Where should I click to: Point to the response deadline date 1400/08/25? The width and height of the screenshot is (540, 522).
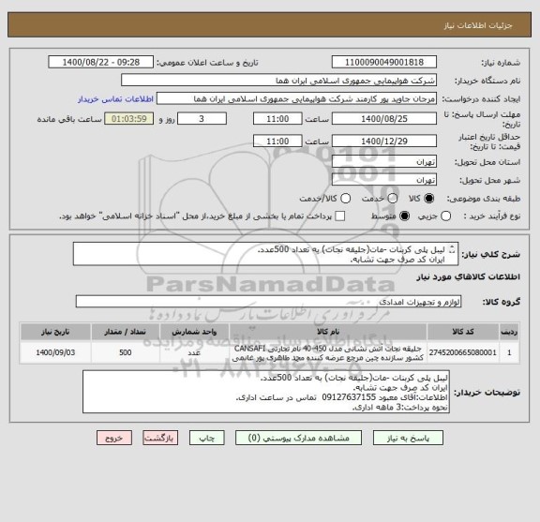pyautogui.click(x=397, y=120)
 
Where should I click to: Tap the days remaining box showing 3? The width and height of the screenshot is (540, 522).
pyautogui.click(x=205, y=120)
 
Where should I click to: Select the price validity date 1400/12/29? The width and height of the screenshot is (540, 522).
pyautogui.click(x=397, y=141)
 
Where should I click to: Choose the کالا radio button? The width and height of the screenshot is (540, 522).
pyautogui.click(x=430, y=199)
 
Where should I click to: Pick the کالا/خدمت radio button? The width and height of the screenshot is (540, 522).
pyautogui.click(x=344, y=199)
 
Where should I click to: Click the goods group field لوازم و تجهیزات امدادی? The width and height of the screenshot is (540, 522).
pyautogui.click(x=281, y=302)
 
